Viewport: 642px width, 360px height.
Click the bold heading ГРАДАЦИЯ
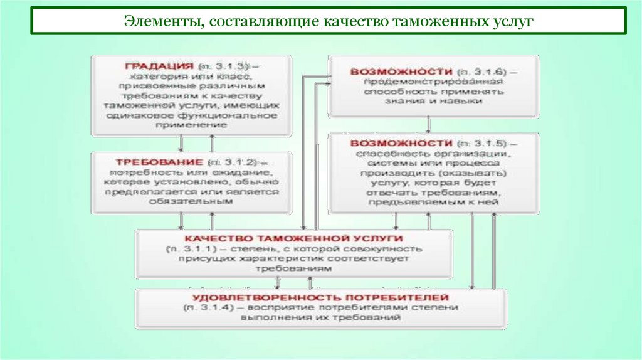point(159,66)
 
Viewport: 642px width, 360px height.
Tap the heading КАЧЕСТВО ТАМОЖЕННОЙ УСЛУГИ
point(294,239)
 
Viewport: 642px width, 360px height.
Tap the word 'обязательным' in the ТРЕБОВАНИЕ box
point(191,202)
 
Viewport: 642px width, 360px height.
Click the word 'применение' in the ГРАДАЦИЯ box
point(192,125)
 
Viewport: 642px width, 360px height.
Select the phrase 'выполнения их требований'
point(320,318)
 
